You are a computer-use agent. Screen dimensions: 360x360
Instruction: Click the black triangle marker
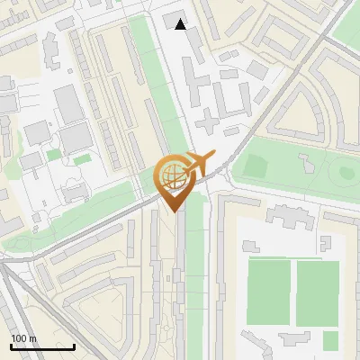tap(181, 24)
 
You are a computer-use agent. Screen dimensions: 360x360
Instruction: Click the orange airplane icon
tap(201, 164)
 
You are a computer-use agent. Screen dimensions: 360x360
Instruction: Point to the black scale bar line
tap(42, 346)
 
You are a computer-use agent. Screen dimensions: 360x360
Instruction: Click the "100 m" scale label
tap(23, 338)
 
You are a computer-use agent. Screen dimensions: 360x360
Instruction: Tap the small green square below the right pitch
tap(331, 340)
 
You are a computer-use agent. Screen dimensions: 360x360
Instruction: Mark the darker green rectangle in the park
tap(256, 166)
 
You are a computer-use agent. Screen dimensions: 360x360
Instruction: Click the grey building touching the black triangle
tap(173, 21)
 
